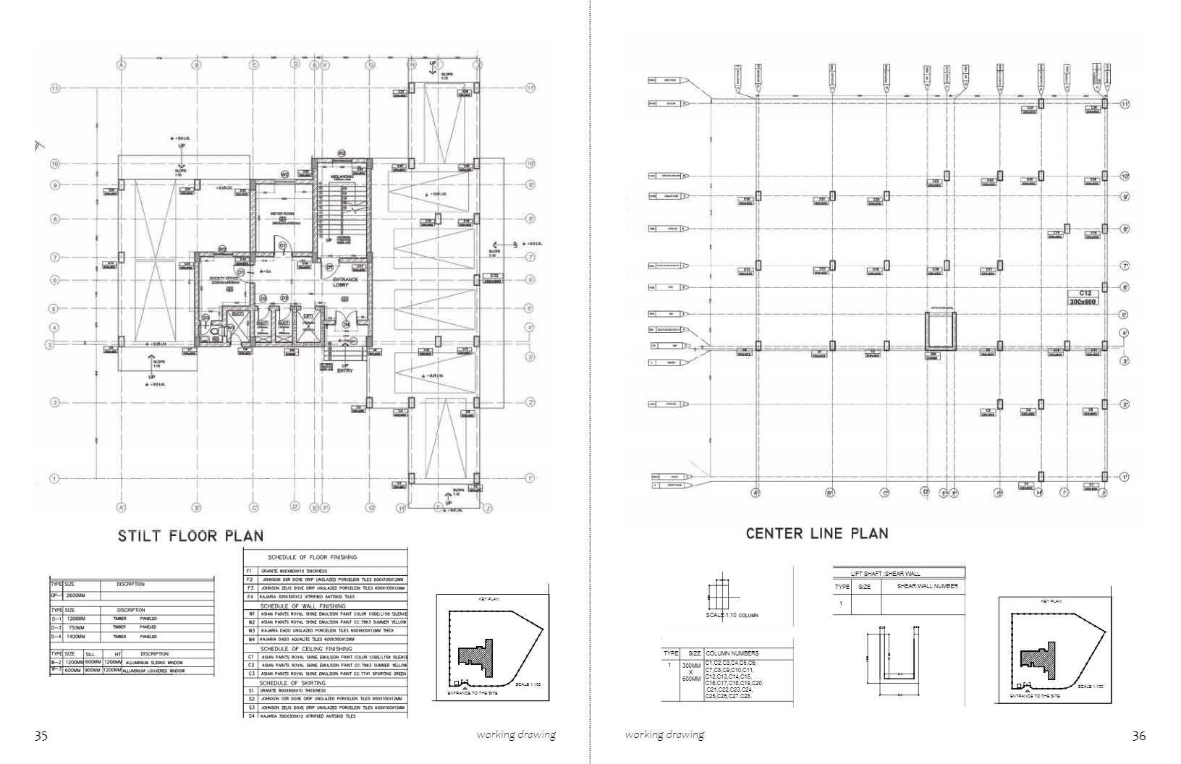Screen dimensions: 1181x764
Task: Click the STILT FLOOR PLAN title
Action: click(x=190, y=536)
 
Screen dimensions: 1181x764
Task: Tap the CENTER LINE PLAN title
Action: click(x=817, y=534)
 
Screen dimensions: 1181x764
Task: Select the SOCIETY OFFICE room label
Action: click(x=224, y=278)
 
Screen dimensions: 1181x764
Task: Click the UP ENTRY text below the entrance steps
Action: click(x=345, y=368)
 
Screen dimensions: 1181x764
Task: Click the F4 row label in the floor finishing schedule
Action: click(x=250, y=597)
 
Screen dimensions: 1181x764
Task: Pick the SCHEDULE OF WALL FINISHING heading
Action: click(x=302, y=606)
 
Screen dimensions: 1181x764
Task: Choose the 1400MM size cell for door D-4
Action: click(x=76, y=637)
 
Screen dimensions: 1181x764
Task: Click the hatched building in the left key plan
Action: click(x=477, y=659)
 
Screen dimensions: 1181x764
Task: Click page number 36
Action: click(x=1138, y=736)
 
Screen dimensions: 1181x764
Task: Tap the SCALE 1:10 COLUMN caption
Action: click(x=732, y=616)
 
